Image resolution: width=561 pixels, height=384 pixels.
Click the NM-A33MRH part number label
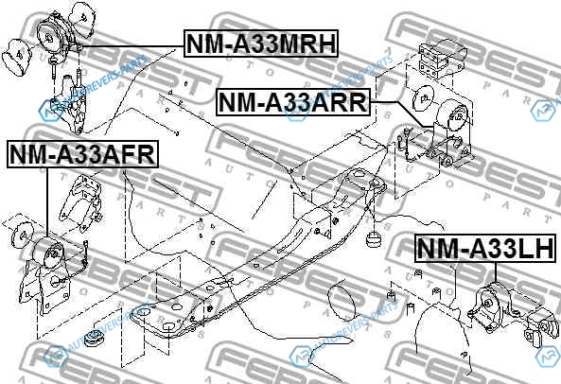pos(261,44)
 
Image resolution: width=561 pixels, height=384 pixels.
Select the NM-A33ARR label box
pos(292,102)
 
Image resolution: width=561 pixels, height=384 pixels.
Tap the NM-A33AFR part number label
pos(82,154)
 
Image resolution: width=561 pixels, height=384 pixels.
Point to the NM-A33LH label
pos(485,248)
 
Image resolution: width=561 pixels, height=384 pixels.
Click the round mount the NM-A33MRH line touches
pos(53,35)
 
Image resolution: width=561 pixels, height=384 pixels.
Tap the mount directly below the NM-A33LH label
pos(492,304)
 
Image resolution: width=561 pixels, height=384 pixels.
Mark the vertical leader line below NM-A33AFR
pos(47,202)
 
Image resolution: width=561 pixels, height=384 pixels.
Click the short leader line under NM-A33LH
pos(496,272)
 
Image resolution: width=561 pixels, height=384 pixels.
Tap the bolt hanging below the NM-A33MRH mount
pos(54,67)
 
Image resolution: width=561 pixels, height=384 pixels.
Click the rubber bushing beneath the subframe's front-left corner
pos(95,337)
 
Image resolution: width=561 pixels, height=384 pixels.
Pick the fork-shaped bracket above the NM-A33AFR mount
pos(81,202)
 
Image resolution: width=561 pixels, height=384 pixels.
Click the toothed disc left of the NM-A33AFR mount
pos(22,235)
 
